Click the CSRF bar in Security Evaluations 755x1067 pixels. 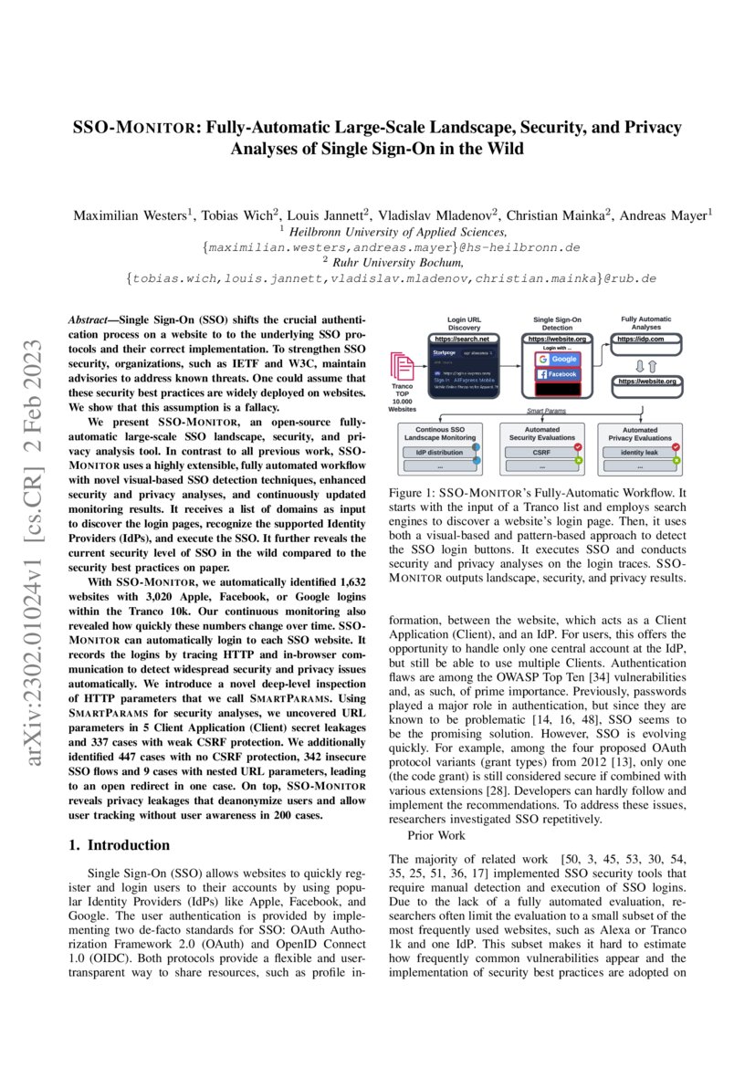[542, 451]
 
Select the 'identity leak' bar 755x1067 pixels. [639, 451]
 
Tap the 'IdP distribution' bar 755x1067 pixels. [439, 451]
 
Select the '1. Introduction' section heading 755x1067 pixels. [120, 845]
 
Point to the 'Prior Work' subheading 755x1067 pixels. [437, 835]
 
